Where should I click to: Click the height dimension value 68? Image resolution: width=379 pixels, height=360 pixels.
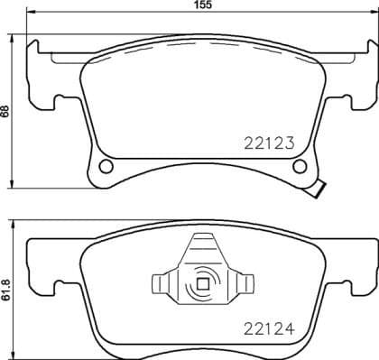tap(5, 112)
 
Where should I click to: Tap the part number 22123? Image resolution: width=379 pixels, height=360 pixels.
tap(271, 142)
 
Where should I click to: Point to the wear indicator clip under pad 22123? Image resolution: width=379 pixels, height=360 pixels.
tap(319, 190)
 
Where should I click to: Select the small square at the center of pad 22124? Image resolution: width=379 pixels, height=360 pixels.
tap(202, 287)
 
